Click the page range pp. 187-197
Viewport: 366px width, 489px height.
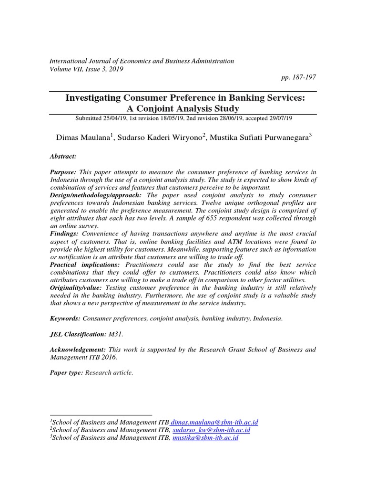pyautogui.click(x=299, y=77)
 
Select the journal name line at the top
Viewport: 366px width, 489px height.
pyautogui.click(x=142, y=61)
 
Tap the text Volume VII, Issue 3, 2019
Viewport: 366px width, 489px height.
pyautogui.click(x=86, y=69)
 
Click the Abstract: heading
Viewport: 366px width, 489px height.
pyautogui.click(x=63, y=156)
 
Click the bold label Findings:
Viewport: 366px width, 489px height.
pyautogui.click(x=65, y=234)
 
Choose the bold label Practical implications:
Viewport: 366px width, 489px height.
pyautogui.click(x=84, y=265)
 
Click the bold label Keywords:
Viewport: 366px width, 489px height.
pyautogui.click(x=65, y=319)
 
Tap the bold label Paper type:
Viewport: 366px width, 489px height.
pyautogui.click(x=67, y=373)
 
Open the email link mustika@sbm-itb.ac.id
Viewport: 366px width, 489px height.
pyautogui.click(x=205, y=437)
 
